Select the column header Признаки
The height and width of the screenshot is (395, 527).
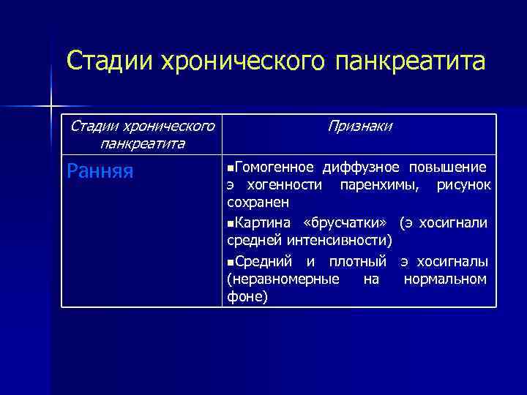click(x=359, y=127)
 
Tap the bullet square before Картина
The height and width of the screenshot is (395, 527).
click(x=231, y=222)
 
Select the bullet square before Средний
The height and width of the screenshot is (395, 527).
click(x=231, y=261)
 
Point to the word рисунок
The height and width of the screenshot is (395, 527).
click(x=463, y=184)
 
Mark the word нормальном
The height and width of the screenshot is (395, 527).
click(x=444, y=279)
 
